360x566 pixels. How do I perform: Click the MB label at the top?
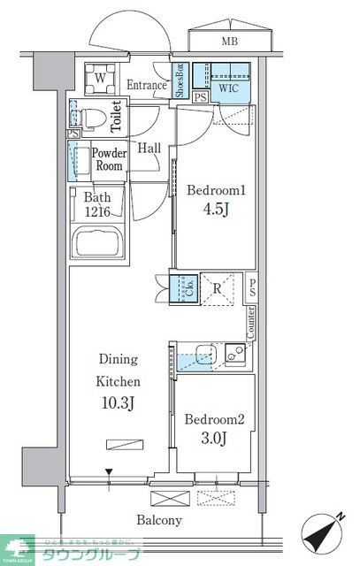coord(229,42)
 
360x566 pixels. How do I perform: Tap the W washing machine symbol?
coord(99,79)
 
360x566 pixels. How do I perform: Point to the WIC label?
coord(228,88)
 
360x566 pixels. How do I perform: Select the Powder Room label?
coord(110,159)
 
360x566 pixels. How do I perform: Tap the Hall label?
coord(149,148)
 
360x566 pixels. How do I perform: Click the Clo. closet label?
coord(188,287)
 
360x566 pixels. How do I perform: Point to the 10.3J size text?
coord(118,405)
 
